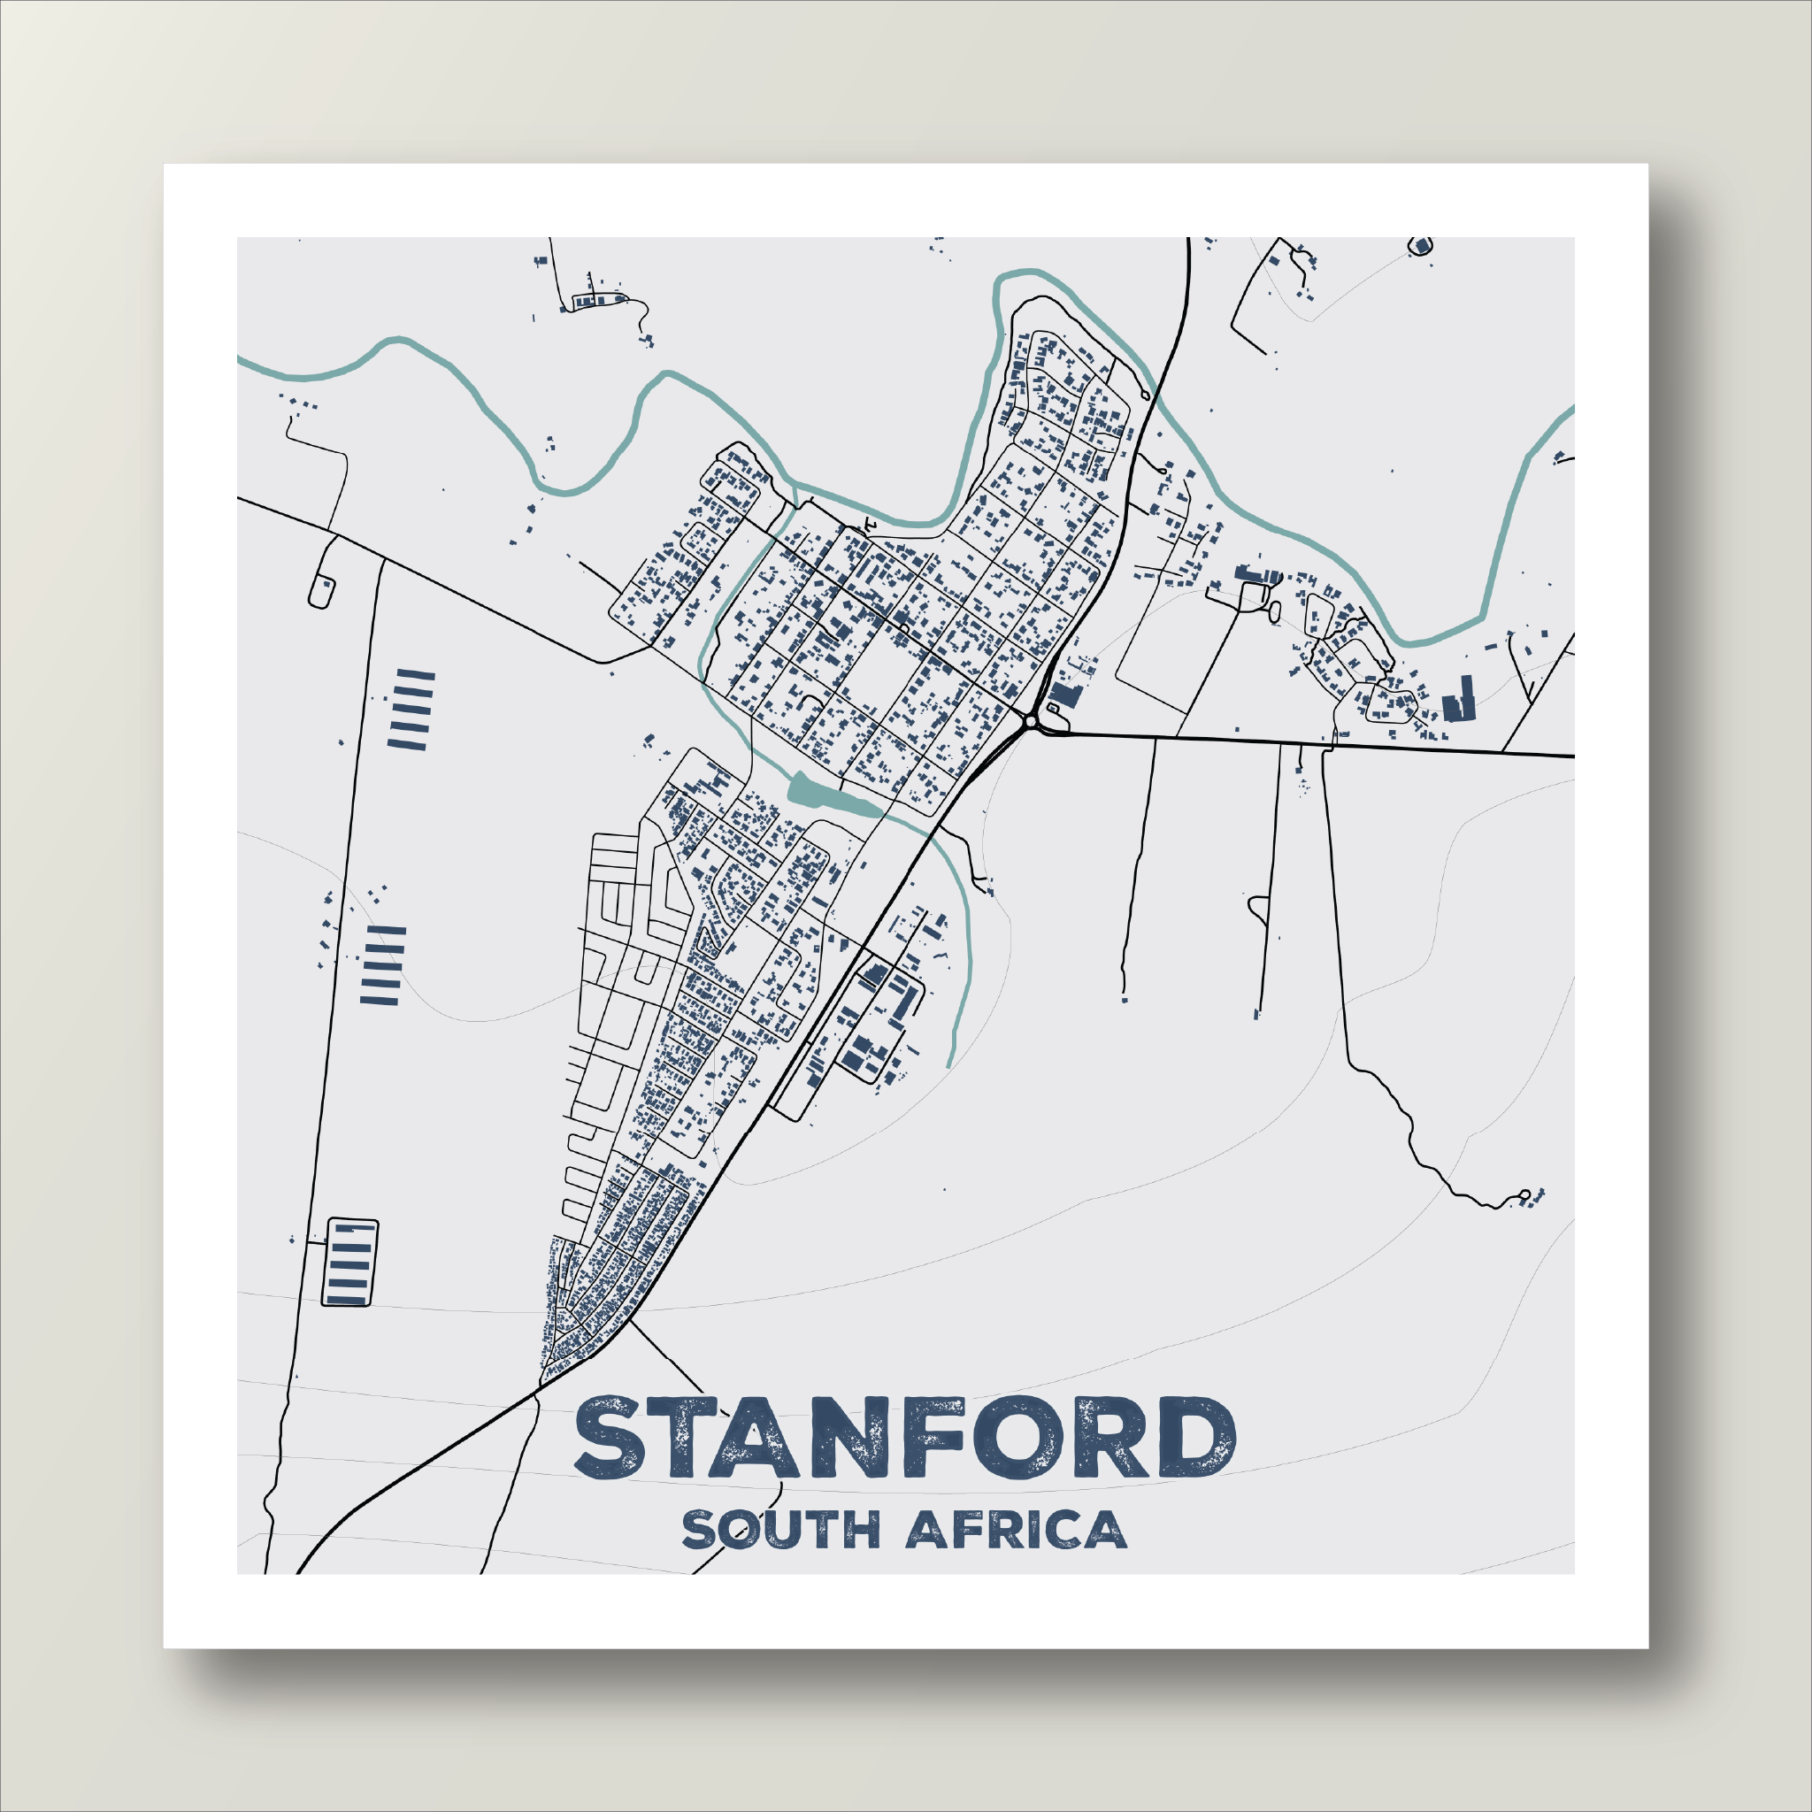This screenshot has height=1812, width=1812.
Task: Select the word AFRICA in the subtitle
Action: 1016,1530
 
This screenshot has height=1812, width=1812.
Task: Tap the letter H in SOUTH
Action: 860,1530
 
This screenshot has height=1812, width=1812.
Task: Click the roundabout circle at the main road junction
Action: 1031,721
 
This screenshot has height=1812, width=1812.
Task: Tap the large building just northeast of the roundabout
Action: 1064,696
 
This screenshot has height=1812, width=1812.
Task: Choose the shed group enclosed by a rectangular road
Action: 349,1263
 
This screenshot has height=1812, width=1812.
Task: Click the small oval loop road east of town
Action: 1272,611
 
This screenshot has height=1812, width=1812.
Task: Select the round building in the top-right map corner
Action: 1422,246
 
